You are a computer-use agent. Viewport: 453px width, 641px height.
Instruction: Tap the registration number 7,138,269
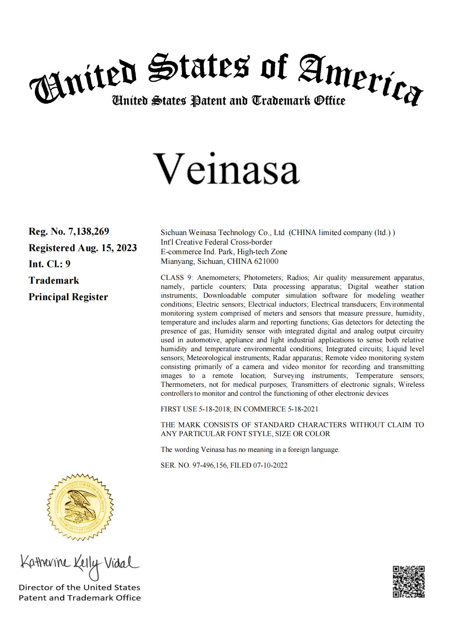tap(89, 232)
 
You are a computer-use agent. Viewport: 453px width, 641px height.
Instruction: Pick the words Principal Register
tap(68, 297)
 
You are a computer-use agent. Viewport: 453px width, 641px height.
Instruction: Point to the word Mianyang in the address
tap(174, 261)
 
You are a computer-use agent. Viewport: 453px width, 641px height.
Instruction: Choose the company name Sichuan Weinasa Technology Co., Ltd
tap(223, 233)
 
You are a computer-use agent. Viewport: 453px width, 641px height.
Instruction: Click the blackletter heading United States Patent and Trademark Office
tap(228, 100)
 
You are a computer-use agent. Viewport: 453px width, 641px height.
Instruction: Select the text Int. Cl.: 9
tap(49, 264)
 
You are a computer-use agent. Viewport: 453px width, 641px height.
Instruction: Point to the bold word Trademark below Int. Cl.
tap(54, 280)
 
